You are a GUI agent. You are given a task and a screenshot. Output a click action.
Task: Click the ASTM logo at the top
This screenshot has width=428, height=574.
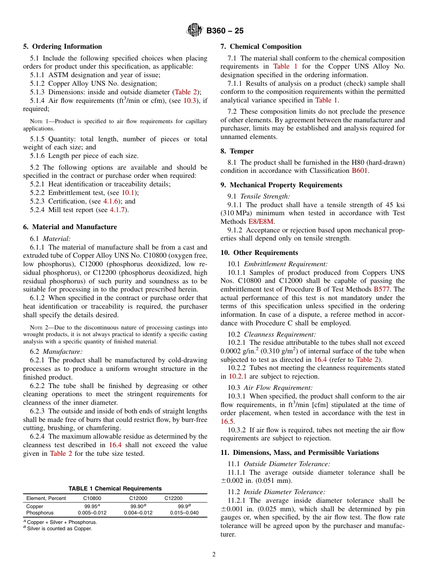(195, 31)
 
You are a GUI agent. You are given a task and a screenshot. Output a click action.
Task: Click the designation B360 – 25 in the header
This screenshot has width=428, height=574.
(225, 31)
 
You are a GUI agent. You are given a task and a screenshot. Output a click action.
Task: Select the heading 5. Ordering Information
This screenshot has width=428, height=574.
(63, 46)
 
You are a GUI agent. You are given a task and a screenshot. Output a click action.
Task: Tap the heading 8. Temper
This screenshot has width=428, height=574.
(237, 151)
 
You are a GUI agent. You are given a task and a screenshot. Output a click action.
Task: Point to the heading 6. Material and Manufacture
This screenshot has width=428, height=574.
(70, 227)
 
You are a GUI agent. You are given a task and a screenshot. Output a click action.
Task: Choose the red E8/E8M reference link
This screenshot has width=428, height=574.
(261, 222)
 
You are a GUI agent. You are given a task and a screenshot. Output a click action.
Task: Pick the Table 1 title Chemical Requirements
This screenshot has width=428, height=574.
(115, 488)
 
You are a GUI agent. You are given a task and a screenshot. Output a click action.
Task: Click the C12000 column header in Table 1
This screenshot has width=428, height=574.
(138, 498)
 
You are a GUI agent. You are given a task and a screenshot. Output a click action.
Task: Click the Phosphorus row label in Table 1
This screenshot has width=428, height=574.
(40, 513)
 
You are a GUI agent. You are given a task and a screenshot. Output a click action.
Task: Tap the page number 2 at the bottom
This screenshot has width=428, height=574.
(214, 555)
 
